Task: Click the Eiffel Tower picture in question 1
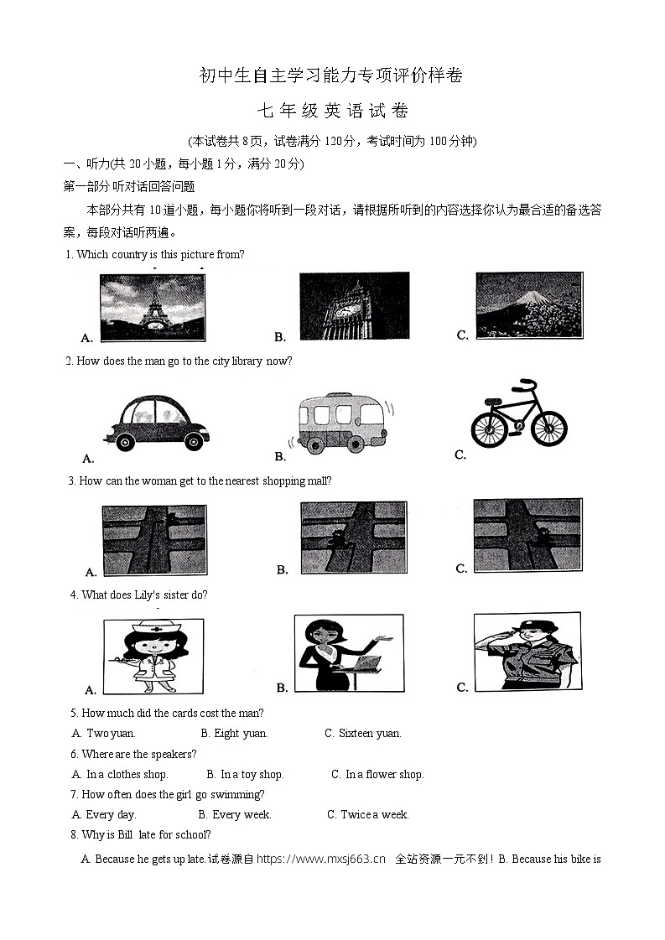pos(152,307)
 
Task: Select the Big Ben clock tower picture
pos(354,306)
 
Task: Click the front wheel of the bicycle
pos(548,428)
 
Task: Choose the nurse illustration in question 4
pos(153,656)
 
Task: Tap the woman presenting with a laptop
pos(348,652)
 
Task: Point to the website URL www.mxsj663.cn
pos(320,859)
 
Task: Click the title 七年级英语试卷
pos(332,111)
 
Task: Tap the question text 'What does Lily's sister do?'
pos(143,595)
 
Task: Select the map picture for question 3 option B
pos(353,538)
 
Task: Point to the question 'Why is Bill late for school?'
pos(146,835)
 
